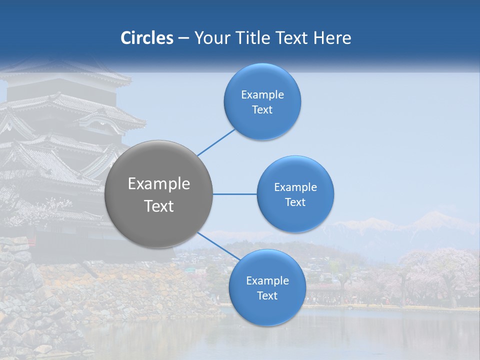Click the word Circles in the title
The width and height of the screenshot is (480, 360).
click(147, 38)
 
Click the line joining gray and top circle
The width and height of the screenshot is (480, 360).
click(216, 142)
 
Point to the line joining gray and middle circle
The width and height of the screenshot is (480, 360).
click(235, 194)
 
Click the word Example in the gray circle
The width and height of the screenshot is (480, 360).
click(159, 184)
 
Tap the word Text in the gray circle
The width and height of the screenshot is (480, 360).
click(159, 206)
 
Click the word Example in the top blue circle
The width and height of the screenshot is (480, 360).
click(262, 95)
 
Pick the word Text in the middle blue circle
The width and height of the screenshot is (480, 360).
click(295, 202)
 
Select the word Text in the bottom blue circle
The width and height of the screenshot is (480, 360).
click(267, 296)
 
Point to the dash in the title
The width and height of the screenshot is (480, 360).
click(183, 38)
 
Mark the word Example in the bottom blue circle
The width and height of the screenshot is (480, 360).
click(267, 281)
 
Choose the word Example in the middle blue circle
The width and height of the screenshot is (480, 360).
click(295, 187)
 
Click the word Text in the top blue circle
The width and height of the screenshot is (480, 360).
click(262, 110)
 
